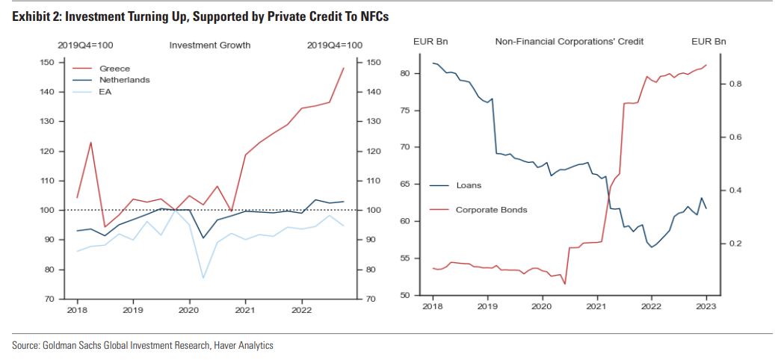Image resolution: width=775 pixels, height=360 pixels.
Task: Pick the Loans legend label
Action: (469, 184)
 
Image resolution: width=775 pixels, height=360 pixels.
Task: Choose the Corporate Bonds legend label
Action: (491, 209)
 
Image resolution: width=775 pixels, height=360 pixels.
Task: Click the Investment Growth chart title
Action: (210, 46)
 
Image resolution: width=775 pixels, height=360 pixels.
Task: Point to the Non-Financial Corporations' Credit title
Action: (569, 41)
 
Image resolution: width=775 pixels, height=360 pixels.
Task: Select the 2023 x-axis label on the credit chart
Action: (706, 305)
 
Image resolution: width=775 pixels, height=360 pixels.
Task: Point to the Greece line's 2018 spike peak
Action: (90, 142)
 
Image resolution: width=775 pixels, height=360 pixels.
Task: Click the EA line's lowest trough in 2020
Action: (203, 279)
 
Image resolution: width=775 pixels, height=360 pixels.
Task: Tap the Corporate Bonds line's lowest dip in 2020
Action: (564, 284)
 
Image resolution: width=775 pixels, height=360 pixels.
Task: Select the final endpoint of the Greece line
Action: (343, 68)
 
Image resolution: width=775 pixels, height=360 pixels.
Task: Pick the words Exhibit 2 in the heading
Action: (36, 16)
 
